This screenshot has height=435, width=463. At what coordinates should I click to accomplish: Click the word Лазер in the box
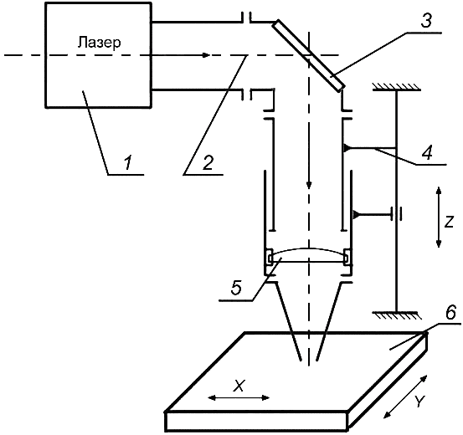(99, 43)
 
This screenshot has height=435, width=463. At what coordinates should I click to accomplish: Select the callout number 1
(127, 163)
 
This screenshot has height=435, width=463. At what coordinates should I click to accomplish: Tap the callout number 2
(208, 162)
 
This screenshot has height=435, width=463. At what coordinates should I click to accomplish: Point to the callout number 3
(426, 21)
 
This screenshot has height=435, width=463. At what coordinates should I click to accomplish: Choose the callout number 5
(236, 288)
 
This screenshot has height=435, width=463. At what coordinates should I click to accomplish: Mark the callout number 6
(450, 314)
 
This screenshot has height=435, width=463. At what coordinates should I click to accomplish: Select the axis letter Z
(449, 222)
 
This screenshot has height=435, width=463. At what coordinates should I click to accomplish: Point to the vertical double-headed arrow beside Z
(439, 217)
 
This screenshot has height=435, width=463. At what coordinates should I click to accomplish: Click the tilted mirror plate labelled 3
(308, 55)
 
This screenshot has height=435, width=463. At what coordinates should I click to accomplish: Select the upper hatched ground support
(396, 87)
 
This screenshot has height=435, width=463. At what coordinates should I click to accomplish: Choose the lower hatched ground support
(396, 315)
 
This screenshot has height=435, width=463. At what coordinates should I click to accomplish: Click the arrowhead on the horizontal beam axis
(206, 55)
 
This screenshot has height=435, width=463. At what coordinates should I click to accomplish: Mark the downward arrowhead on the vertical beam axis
(309, 185)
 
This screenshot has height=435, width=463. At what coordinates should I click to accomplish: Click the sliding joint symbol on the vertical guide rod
(397, 213)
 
